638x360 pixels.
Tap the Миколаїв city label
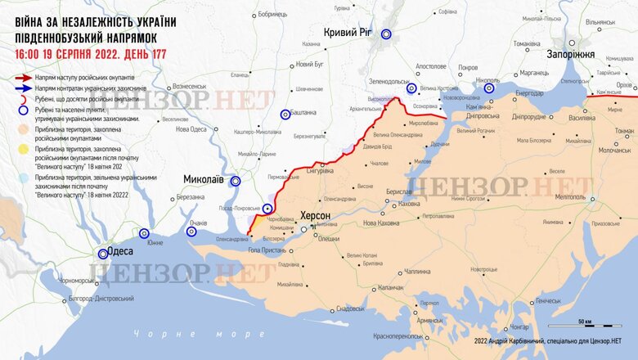(200, 178)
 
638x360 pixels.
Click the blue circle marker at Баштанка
(285, 115)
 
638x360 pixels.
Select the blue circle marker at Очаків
(191, 232)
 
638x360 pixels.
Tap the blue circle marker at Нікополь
(489, 88)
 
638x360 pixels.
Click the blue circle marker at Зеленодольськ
(412, 88)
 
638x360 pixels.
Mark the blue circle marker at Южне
(145, 233)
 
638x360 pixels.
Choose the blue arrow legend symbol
(23, 87)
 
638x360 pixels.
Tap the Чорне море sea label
(187, 333)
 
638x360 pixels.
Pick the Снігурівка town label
(318, 170)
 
